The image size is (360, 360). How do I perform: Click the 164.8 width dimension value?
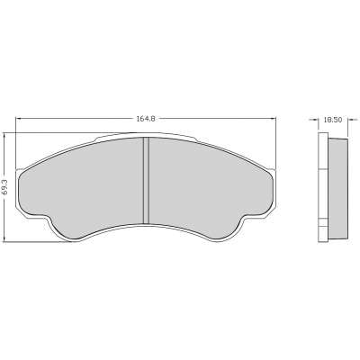click(x=146, y=119)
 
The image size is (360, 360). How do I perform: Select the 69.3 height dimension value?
click(x=5, y=187)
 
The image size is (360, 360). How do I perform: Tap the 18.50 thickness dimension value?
click(x=333, y=120)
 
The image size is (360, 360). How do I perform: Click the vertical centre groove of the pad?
click(x=146, y=181)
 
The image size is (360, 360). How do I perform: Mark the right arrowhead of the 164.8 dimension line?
click(x=273, y=119)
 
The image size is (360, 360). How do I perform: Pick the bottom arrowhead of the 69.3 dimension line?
click(x=5, y=238)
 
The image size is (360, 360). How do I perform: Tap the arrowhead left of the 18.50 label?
click(x=315, y=120)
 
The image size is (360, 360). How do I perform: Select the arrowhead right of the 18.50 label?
click(x=351, y=120)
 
